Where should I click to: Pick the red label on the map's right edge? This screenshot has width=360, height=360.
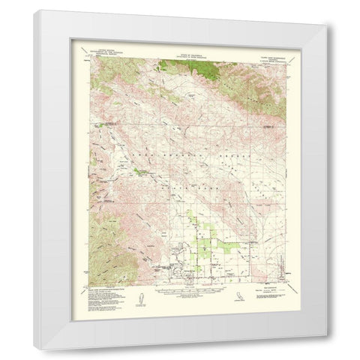pyautogui.click(x=268, y=128)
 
